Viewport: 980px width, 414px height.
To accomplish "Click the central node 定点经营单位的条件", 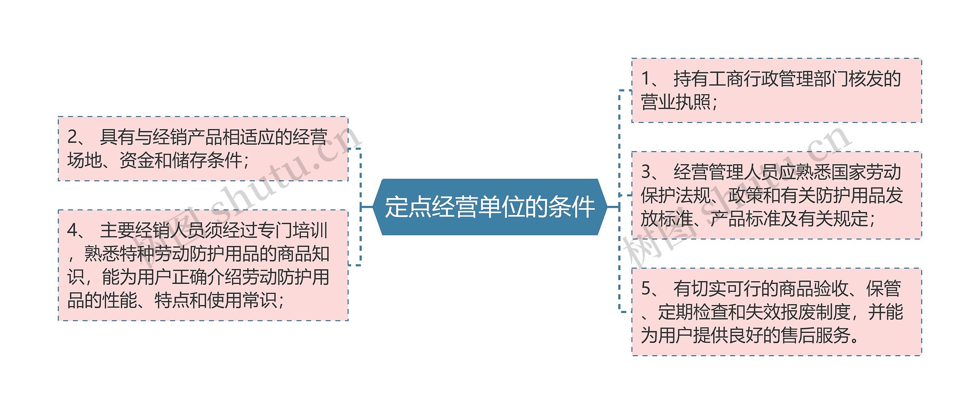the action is pyautogui.click(x=490, y=207).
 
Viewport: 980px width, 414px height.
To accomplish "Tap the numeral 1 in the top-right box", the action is pyautogui.click(x=645, y=79).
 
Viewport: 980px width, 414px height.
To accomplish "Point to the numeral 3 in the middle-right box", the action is pyautogui.click(x=646, y=172).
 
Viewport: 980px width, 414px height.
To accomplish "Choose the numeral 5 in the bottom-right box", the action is pyautogui.click(x=646, y=288).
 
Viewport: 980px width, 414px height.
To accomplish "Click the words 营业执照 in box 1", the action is pyautogui.click(x=676, y=102).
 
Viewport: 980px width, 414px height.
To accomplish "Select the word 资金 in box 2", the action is pyautogui.click(x=137, y=160).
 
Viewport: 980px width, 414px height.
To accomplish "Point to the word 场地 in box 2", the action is pyautogui.click(x=85, y=160).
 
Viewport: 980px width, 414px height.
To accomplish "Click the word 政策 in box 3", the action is pyautogui.click(x=746, y=196).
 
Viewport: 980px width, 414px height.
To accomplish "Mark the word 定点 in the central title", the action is pyautogui.click(x=408, y=207).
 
